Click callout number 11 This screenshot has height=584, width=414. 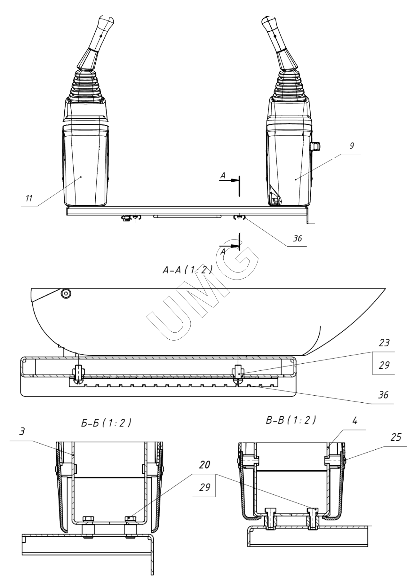coord(29,198)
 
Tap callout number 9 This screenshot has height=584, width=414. coord(352,146)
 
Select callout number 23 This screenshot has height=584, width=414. coord(384,343)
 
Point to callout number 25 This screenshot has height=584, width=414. coord(396,437)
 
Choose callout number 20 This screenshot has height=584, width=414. coord(205,465)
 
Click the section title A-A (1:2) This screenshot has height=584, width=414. coord(187,271)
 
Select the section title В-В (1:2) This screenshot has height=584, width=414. coord(291,420)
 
